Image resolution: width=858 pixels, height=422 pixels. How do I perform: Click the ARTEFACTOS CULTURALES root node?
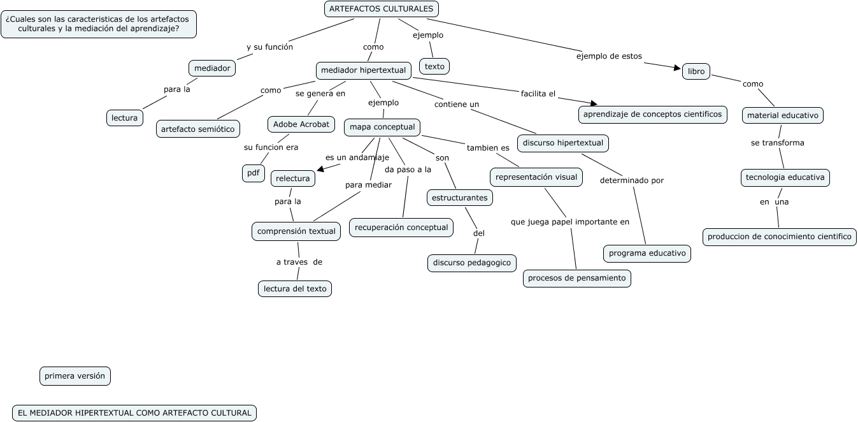(381, 9)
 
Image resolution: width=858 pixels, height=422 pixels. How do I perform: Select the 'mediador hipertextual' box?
(363, 70)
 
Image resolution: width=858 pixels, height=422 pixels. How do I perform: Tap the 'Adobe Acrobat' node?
(301, 124)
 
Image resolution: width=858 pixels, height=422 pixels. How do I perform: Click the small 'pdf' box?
(253, 173)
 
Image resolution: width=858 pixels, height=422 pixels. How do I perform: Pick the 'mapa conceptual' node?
(382, 127)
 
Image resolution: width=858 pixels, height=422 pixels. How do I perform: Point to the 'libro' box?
(696, 71)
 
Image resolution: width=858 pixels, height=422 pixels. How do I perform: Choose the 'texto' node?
(434, 66)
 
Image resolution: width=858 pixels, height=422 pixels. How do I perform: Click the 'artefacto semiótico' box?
(198, 129)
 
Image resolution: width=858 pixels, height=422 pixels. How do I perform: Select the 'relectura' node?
(293, 178)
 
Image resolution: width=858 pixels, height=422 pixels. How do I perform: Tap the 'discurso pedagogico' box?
(472, 263)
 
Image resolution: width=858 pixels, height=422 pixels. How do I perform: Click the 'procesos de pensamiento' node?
(577, 278)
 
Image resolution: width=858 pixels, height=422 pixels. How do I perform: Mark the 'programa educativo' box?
(647, 253)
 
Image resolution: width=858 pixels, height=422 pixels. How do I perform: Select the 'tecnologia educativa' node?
(785, 177)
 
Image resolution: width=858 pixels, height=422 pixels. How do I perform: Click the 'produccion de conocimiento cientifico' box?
(780, 236)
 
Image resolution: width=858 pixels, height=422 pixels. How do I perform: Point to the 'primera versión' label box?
(75, 376)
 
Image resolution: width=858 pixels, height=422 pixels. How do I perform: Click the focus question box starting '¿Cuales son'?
(99, 24)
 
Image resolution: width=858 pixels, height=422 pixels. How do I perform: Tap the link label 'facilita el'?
(538, 94)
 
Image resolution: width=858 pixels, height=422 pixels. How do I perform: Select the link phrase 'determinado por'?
(632, 180)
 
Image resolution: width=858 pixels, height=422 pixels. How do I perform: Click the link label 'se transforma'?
(777, 143)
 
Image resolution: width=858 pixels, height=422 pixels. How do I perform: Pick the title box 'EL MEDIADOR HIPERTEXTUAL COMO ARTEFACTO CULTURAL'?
(134, 413)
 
